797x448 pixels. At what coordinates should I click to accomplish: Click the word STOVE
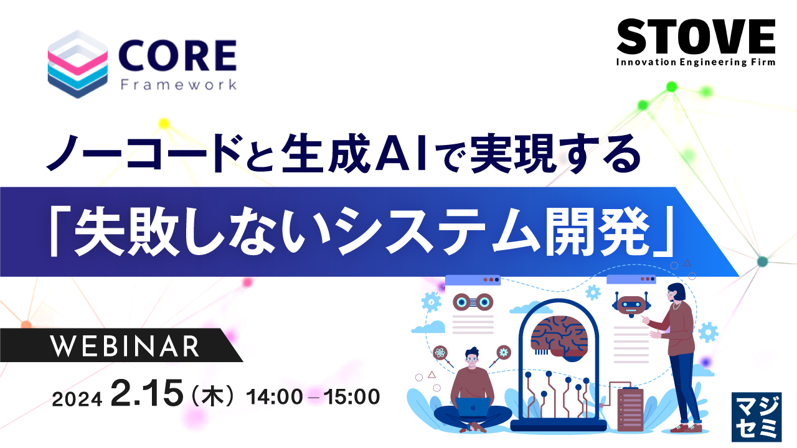pyautogui.click(x=696, y=37)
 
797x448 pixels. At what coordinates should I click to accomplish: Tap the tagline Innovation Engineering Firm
pyautogui.click(x=696, y=62)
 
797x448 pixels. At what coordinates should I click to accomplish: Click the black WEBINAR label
pyautogui.click(x=125, y=347)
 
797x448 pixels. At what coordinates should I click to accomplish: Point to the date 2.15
pyautogui.click(x=148, y=394)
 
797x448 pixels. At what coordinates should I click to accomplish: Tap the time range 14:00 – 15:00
pyautogui.click(x=313, y=396)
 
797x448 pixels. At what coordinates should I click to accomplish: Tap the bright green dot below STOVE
pyautogui.click(x=671, y=86)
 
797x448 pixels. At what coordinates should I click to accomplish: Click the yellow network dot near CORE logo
pyautogui.click(x=164, y=123)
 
